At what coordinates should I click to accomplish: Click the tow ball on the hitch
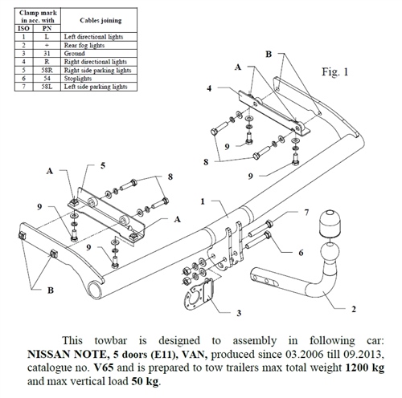tap(330, 224)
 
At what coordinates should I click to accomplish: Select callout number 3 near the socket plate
tap(217, 312)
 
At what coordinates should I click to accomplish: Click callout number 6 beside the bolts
tap(301, 253)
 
